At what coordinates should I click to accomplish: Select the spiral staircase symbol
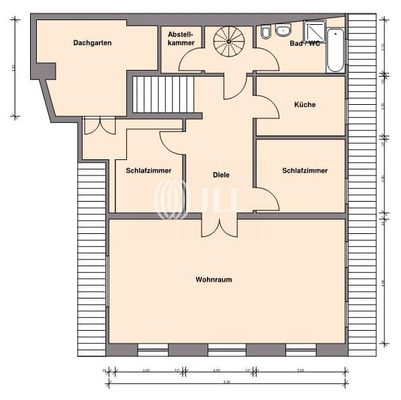coord(229,43)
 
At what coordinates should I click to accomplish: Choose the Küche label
coord(305,105)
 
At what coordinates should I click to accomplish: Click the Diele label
coord(221,175)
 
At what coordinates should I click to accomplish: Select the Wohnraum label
coord(213,279)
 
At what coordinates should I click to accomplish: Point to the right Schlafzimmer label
coord(303,169)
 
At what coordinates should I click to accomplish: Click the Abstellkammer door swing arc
coord(189,63)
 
